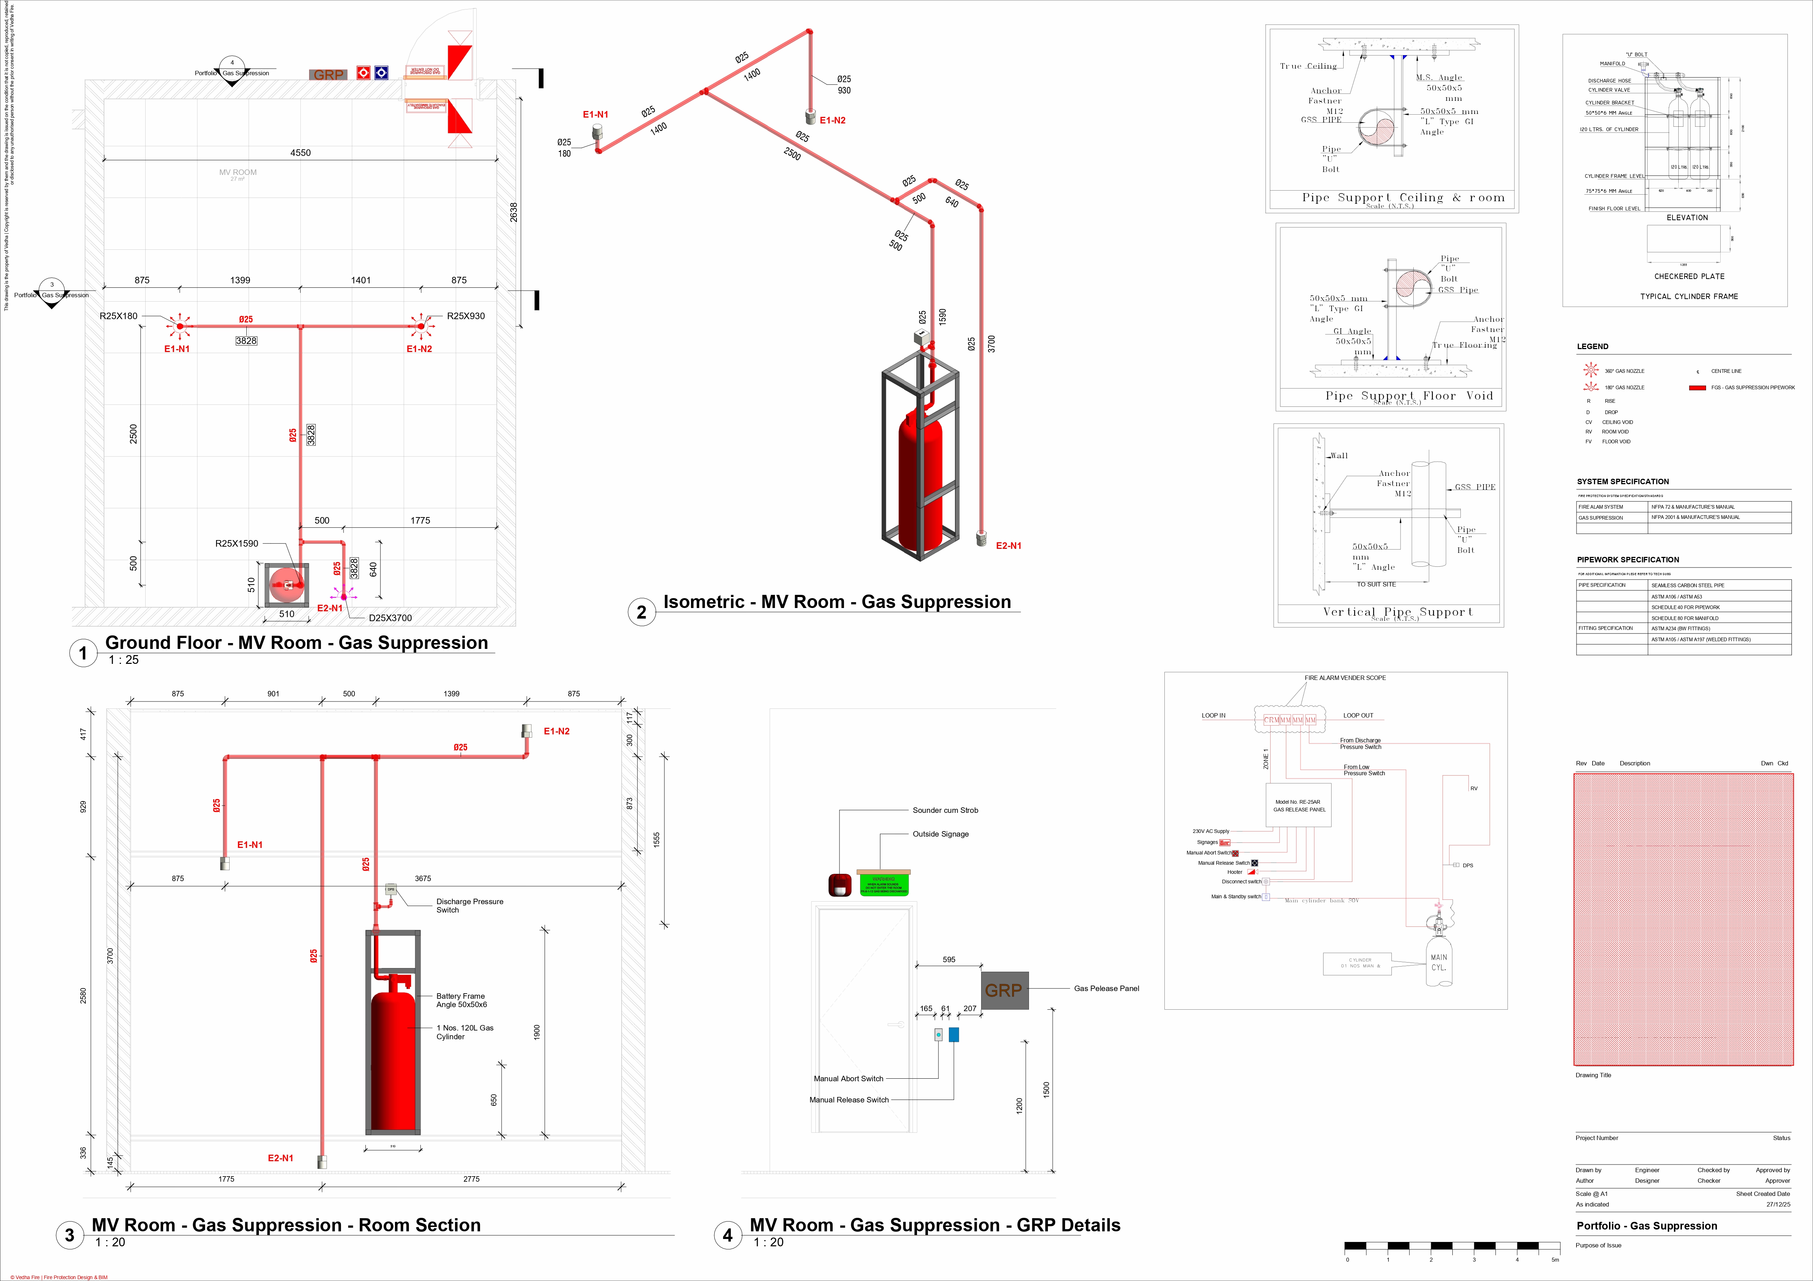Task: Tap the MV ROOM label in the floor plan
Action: click(x=238, y=172)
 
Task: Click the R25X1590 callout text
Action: click(x=237, y=543)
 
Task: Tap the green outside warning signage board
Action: click(x=884, y=884)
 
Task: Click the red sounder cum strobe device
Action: click(x=840, y=884)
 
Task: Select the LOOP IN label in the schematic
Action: click(x=1214, y=715)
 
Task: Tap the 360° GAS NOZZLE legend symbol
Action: click(x=1590, y=370)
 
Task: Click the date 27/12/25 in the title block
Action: click(x=1778, y=1204)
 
